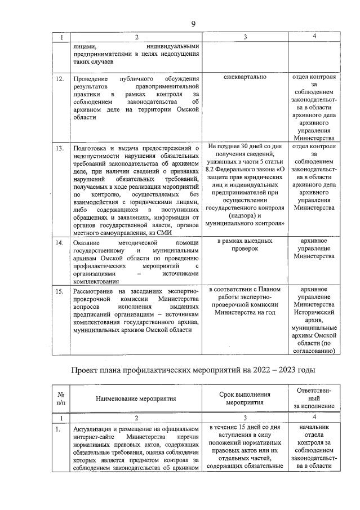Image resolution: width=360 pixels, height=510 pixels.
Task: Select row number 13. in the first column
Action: (x=59, y=148)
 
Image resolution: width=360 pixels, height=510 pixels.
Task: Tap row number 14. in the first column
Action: (x=59, y=242)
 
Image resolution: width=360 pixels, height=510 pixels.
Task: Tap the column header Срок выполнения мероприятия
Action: (x=245, y=398)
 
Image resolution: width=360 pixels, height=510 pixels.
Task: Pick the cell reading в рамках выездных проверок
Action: (x=245, y=245)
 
